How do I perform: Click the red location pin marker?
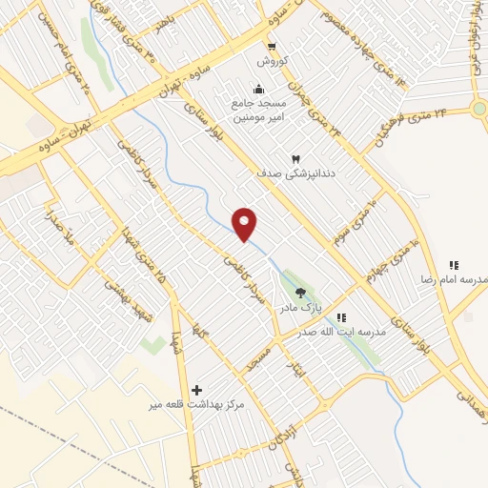(246, 223)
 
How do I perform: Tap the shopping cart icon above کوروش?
(272, 46)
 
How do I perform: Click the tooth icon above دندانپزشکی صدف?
(295, 158)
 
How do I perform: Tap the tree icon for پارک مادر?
(302, 294)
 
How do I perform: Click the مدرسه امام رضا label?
(454, 280)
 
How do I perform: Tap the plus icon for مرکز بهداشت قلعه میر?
(196, 389)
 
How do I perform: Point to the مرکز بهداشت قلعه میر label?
(196, 405)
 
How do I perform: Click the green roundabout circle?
(478, 109)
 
